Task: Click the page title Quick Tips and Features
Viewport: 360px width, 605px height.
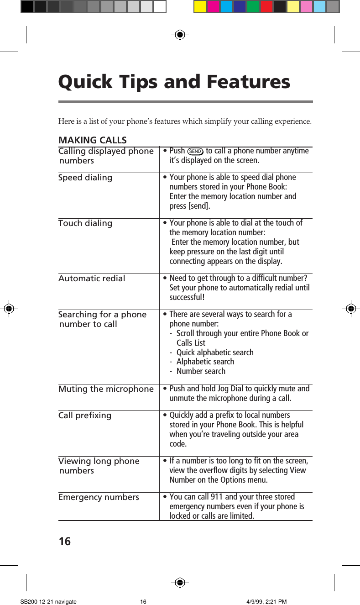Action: click(x=174, y=82)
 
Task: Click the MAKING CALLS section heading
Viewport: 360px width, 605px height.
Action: click(x=92, y=140)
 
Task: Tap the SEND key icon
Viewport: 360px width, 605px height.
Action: click(x=195, y=151)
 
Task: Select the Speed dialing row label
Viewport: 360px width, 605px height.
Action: click(x=85, y=178)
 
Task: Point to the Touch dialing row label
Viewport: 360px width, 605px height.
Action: click(x=85, y=223)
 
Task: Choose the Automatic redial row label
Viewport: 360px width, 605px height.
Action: click(x=92, y=278)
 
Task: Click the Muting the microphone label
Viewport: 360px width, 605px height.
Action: click(x=106, y=389)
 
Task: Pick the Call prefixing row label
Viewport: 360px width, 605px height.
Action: click(x=85, y=416)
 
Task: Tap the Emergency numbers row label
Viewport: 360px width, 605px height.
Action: click(x=99, y=497)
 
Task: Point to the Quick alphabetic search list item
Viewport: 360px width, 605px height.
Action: click(x=215, y=352)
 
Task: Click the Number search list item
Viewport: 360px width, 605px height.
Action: click(x=201, y=371)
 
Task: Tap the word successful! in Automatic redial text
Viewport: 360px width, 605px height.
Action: click(x=187, y=297)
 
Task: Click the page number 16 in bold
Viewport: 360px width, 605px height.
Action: click(x=65, y=542)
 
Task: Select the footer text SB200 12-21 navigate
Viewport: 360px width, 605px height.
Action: click(x=48, y=602)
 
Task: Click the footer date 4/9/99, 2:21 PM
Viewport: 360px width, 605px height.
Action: click(x=266, y=602)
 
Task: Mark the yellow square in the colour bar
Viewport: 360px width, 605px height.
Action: click(x=200, y=6)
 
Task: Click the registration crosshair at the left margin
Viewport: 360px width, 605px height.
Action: click(x=8, y=309)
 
